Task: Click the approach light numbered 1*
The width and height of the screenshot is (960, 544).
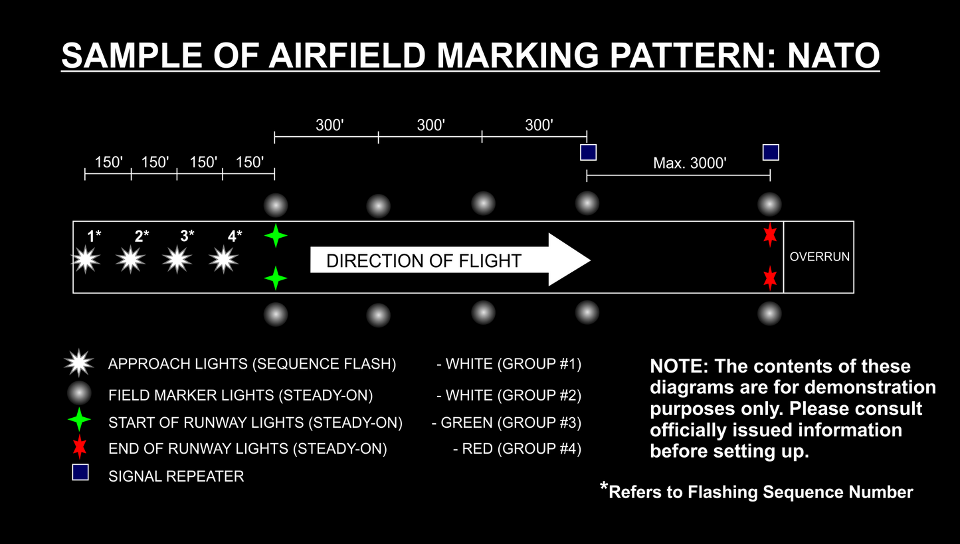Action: coord(85,260)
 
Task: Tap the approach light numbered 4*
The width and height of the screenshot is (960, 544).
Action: coord(223,260)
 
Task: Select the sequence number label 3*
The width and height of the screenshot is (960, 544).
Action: coord(187,236)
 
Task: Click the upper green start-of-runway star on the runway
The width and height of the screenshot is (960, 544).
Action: coord(276,236)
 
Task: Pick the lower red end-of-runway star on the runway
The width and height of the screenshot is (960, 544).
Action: coord(770,278)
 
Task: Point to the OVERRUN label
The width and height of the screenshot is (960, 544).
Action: coord(819,256)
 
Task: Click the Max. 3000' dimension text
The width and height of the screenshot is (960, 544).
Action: coord(690,163)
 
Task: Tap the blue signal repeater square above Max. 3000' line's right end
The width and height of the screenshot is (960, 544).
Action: coord(771,153)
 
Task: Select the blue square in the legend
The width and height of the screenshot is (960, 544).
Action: coord(80,473)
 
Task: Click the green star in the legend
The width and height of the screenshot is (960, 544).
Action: coord(79,420)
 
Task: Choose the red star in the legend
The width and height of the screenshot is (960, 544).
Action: coord(79,446)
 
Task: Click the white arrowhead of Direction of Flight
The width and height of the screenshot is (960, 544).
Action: coord(569,260)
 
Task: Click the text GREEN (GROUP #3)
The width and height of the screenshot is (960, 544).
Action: coord(511,422)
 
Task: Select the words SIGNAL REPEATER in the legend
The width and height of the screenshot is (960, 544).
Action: coord(176,476)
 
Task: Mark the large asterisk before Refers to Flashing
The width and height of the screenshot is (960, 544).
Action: coord(604,490)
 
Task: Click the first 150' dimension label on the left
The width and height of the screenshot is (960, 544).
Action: coord(109,163)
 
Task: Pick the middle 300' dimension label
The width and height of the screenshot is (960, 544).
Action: coord(431,125)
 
